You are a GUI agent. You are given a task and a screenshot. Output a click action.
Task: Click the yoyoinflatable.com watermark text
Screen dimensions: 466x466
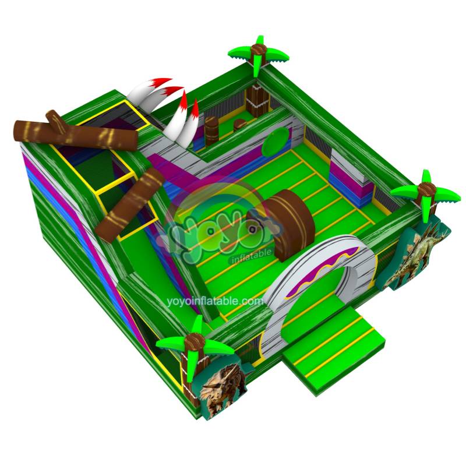(x=215, y=301)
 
